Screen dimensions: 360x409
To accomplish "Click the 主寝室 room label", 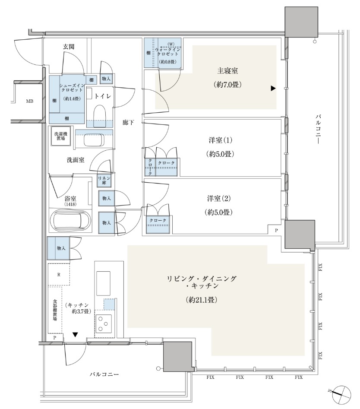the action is (227, 71).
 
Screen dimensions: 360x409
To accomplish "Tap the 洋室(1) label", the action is (220, 140).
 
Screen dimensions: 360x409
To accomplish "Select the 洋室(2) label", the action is (219, 199).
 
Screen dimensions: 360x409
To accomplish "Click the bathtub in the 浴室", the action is (71, 220).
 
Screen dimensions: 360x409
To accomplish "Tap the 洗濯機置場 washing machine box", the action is (61, 136).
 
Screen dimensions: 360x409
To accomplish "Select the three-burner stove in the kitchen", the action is (104, 323).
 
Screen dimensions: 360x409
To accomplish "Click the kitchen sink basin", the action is (104, 283).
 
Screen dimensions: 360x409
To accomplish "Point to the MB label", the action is (30, 101).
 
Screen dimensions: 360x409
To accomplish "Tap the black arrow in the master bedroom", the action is (273, 89).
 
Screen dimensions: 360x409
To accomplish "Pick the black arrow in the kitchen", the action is (76, 334).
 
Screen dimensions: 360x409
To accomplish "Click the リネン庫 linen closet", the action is (104, 181).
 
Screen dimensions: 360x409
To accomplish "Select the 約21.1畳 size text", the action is (202, 300).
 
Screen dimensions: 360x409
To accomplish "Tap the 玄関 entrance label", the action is (69, 47).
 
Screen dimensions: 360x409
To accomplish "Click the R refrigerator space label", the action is (59, 275).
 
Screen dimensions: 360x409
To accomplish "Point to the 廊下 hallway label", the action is (128, 122).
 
